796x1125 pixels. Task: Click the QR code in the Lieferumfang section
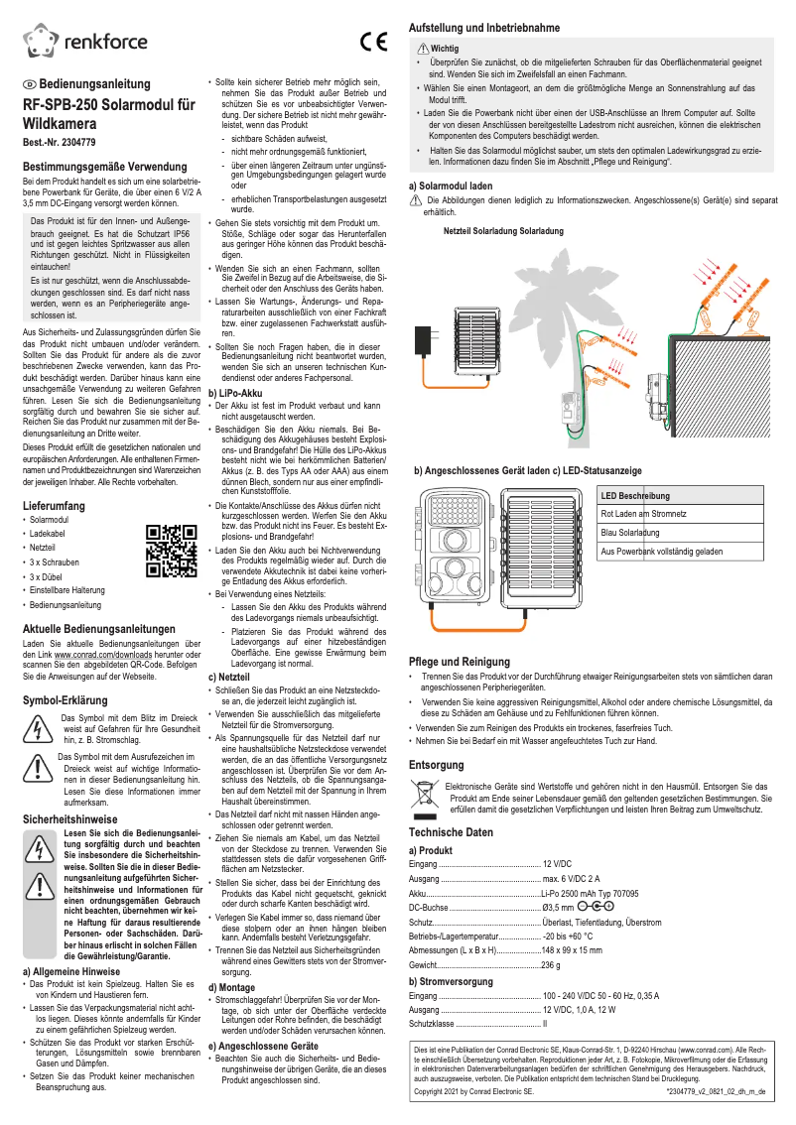[x=166, y=551]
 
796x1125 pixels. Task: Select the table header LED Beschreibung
[x=635, y=495]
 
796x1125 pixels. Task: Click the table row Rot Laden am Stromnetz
[x=644, y=514]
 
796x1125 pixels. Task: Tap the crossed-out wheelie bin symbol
[x=424, y=795]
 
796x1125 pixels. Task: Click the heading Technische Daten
[x=451, y=832]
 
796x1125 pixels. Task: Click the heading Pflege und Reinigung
[x=459, y=662]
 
